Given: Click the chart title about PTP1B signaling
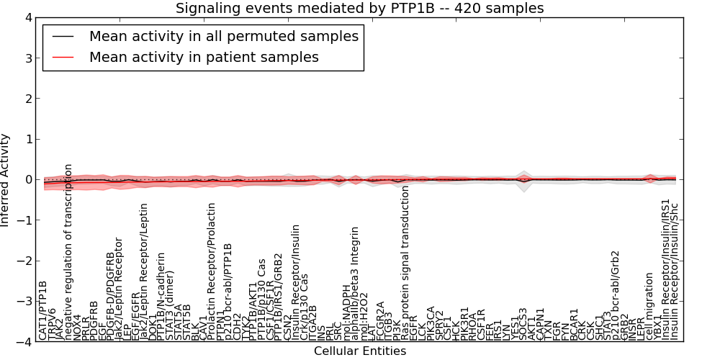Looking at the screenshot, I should [x=360, y=9].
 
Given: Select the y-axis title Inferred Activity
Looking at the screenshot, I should [x=6, y=180].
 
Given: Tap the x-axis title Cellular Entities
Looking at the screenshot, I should [x=360, y=351].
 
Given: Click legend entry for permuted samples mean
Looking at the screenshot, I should [x=224, y=36].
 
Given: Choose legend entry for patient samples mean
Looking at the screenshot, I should [x=204, y=57].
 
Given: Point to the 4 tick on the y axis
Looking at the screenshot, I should [x=27, y=18].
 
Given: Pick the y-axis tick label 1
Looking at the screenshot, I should [x=27, y=140].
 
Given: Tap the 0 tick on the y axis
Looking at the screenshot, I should [x=27, y=180].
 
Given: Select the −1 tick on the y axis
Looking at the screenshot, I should [x=24, y=220].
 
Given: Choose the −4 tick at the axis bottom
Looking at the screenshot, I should [x=24, y=342].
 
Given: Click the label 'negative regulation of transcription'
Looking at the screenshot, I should [x=68, y=252].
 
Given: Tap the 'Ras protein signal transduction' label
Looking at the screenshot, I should [x=405, y=263].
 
